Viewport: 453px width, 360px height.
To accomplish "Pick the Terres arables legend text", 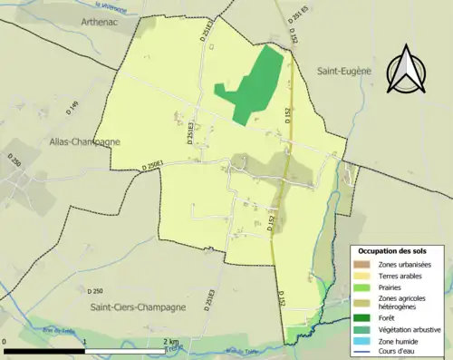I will [x=399, y=275].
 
